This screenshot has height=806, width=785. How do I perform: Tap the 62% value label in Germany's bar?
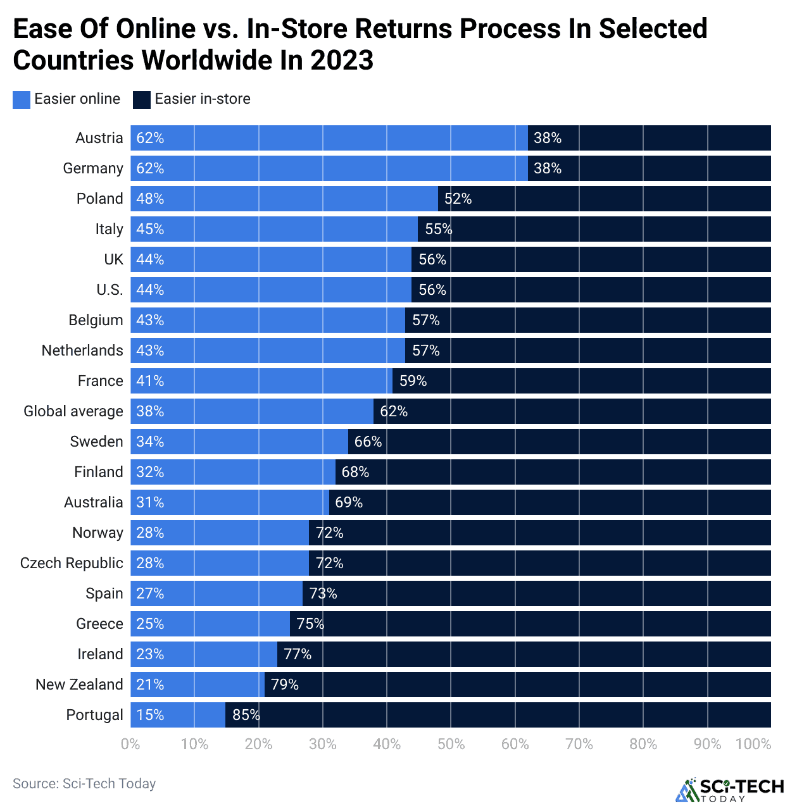point(150,168)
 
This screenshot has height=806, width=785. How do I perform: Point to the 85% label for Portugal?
point(246,715)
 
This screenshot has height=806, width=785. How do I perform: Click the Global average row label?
point(73,411)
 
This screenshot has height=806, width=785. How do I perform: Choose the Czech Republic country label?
point(72,563)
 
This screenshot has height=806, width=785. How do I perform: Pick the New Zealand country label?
point(79,685)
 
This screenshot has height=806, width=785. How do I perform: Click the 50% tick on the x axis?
point(451,744)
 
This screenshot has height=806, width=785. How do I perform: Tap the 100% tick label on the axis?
point(753,744)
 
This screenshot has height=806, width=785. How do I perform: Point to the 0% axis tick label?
point(130,744)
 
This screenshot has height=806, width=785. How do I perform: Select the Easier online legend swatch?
point(22,99)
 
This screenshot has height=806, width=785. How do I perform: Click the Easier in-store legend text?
point(202,99)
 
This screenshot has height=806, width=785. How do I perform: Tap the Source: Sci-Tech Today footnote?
point(84,784)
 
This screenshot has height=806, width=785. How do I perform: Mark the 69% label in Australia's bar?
point(349,502)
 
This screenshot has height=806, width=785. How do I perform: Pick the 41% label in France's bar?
point(150,381)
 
